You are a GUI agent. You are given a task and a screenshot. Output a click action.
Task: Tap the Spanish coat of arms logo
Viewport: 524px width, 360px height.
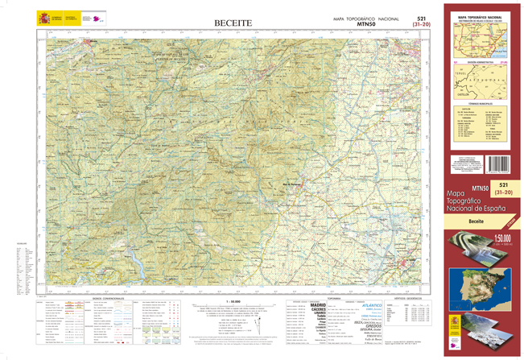click(43, 17)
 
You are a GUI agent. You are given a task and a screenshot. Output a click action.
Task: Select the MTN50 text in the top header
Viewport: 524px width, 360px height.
click(367, 24)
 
